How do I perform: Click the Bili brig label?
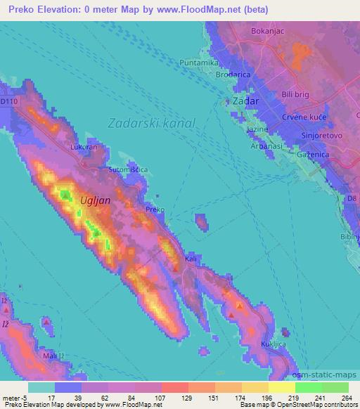[x=296, y=93]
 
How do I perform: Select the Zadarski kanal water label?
[x=152, y=122]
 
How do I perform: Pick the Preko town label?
[x=155, y=209]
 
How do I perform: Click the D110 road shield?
[x=8, y=101]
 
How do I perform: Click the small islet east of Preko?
[x=202, y=224]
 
